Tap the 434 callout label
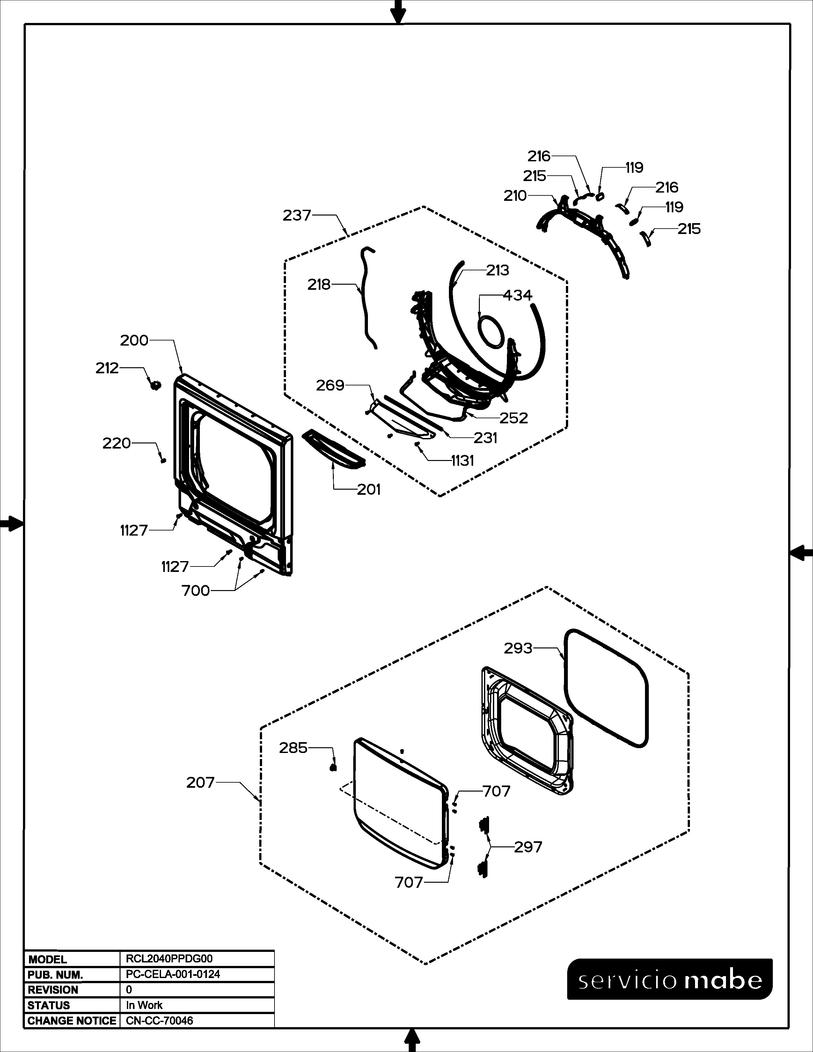click(518, 295)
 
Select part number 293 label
click(518, 648)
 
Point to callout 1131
click(463, 461)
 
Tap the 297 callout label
click(528, 847)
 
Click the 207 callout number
click(200, 782)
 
